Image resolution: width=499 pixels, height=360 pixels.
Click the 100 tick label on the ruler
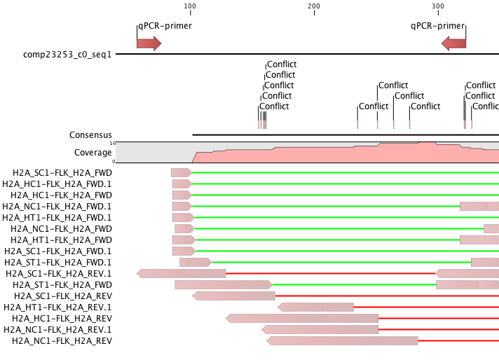pyautogui.click(x=190, y=6)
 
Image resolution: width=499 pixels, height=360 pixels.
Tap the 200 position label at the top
pyautogui.click(x=314, y=6)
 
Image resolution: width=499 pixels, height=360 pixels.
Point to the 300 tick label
pyautogui.click(x=438, y=6)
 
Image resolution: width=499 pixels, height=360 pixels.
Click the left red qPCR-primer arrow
pyautogui.click(x=149, y=43)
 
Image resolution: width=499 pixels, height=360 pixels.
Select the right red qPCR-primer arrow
pyautogui.click(x=454, y=43)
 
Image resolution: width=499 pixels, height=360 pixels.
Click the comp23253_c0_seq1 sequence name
pyautogui.click(x=67, y=55)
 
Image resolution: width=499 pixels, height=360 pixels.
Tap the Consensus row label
pyautogui.click(x=90, y=135)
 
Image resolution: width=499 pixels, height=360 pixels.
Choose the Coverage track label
pyautogui.click(x=93, y=153)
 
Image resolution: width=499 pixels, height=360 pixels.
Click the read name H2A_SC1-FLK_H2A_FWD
pyautogui.click(x=62, y=173)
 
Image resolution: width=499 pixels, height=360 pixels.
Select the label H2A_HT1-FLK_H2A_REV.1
pyautogui.click(x=57, y=307)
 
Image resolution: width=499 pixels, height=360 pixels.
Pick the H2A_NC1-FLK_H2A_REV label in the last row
pyautogui.click(x=62, y=341)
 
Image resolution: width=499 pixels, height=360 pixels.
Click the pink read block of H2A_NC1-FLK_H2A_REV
pyautogui.click(x=342, y=341)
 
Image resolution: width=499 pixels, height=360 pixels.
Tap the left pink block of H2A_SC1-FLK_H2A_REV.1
pyautogui.click(x=182, y=273)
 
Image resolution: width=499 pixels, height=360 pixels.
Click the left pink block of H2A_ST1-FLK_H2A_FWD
pyautogui.click(x=224, y=284)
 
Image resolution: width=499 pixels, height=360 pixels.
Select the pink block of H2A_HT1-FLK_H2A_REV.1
pyautogui.click(x=315, y=307)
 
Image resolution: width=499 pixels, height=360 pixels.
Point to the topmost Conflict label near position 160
pyautogui.click(x=282, y=64)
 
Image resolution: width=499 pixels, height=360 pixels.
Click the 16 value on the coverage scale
pyautogui.click(x=113, y=144)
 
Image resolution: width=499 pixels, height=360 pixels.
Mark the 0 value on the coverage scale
pyautogui.click(x=114, y=162)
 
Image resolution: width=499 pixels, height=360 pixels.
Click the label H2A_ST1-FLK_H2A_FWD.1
pyautogui.click(x=58, y=263)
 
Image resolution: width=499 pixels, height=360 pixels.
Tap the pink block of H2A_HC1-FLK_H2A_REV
pyautogui.click(x=302, y=319)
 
